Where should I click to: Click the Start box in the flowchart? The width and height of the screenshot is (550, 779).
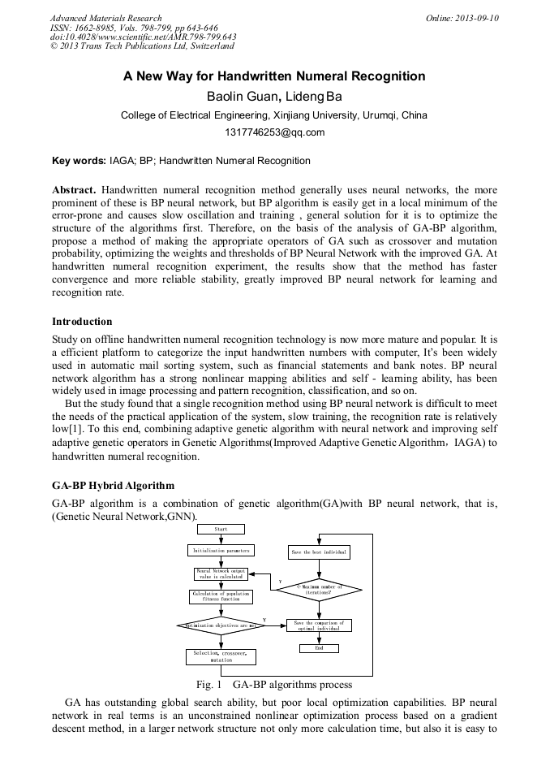(221, 529)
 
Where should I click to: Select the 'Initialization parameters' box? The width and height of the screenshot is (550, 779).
(221, 550)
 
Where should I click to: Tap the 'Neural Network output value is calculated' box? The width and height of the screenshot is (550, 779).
(221, 574)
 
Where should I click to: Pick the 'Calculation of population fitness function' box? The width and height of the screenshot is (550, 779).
(221, 596)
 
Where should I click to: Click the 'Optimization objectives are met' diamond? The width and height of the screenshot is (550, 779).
(221, 626)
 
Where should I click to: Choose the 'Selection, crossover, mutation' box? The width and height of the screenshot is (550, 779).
(221, 656)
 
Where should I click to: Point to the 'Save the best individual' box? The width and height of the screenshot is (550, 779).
(319, 552)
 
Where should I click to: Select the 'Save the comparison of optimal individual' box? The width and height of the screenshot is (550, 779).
(319, 626)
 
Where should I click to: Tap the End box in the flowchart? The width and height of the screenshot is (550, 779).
(319, 648)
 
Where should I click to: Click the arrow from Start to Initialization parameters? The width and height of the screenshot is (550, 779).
(221, 539)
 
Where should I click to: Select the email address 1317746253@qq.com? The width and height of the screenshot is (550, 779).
(274, 132)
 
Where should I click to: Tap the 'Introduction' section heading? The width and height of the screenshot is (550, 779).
(82, 322)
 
